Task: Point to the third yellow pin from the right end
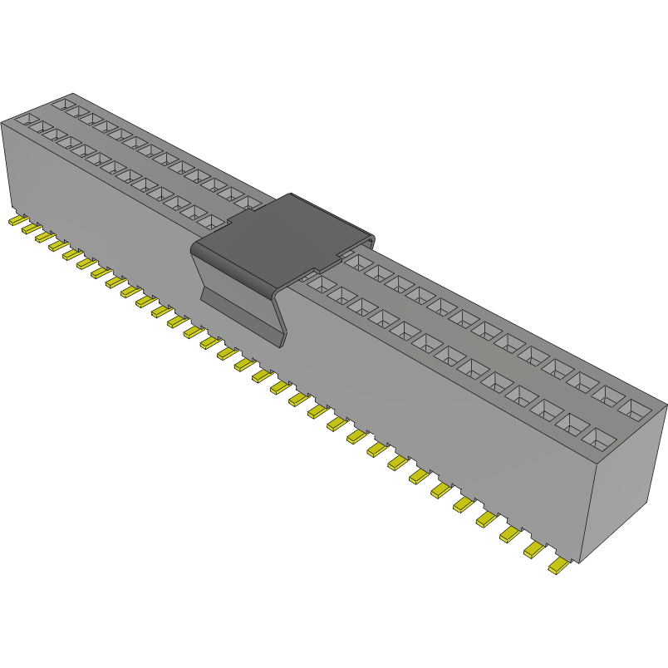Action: coord(510,534)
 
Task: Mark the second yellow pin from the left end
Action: coord(30,228)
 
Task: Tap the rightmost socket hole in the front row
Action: coord(599,437)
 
